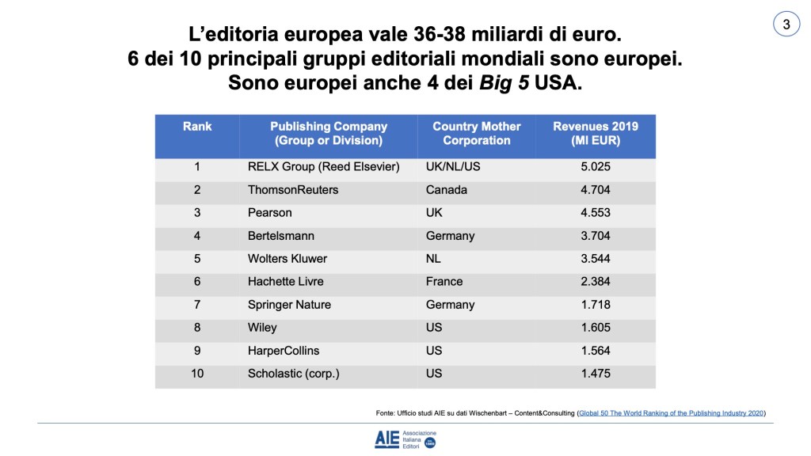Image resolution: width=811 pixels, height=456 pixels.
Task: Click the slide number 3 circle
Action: click(x=786, y=25)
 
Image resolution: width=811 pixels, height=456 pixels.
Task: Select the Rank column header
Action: click(x=197, y=127)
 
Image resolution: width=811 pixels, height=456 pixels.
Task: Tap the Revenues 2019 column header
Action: click(x=595, y=134)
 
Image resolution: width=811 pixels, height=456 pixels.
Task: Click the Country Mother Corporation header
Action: click(x=476, y=134)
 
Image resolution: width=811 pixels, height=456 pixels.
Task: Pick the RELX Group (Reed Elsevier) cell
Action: click(x=323, y=167)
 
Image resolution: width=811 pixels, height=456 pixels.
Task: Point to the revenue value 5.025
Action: click(x=595, y=167)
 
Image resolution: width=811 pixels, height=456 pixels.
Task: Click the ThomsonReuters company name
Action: click(x=293, y=190)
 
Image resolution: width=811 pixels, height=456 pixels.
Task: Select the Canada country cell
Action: click(x=447, y=190)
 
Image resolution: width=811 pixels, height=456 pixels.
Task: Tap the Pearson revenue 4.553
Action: click(x=595, y=213)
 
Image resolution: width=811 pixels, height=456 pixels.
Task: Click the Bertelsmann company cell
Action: click(x=283, y=236)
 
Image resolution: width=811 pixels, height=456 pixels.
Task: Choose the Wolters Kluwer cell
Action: click(x=287, y=259)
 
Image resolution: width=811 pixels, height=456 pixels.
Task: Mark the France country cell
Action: click(x=444, y=282)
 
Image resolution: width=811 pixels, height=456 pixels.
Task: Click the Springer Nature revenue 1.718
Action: click(x=595, y=305)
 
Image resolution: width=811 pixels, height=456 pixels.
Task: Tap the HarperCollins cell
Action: click(x=284, y=351)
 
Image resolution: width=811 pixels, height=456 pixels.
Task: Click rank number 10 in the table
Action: click(x=197, y=374)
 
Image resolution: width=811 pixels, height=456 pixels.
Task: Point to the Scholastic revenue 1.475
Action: click(x=595, y=374)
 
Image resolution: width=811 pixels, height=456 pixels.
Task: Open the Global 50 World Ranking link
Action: click(x=672, y=413)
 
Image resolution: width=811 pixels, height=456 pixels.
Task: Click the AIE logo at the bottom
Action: click(x=405, y=440)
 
